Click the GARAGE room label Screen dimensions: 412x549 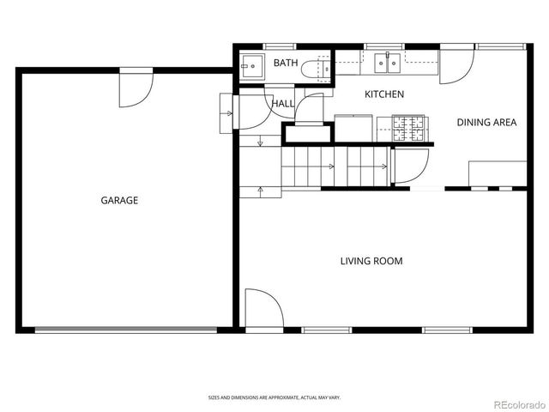pyautogui.click(x=119, y=200)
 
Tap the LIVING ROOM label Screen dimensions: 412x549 pyautogui.click(x=371, y=261)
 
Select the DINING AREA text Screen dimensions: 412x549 pyautogui.click(x=486, y=123)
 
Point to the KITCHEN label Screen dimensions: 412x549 pyautogui.click(x=384, y=94)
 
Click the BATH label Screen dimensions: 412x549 pyautogui.click(x=285, y=64)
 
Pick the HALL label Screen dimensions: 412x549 pyautogui.click(x=283, y=104)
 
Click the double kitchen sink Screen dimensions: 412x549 pyautogui.click(x=387, y=61)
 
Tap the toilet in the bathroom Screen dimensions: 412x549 pyautogui.click(x=321, y=66)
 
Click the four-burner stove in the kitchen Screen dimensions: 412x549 pyautogui.click(x=409, y=129)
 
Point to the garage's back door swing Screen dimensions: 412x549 pyautogui.click(x=135, y=91)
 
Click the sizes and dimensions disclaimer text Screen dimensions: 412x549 pyautogui.click(x=274, y=397)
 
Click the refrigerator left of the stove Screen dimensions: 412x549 pyautogui.click(x=352, y=128)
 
